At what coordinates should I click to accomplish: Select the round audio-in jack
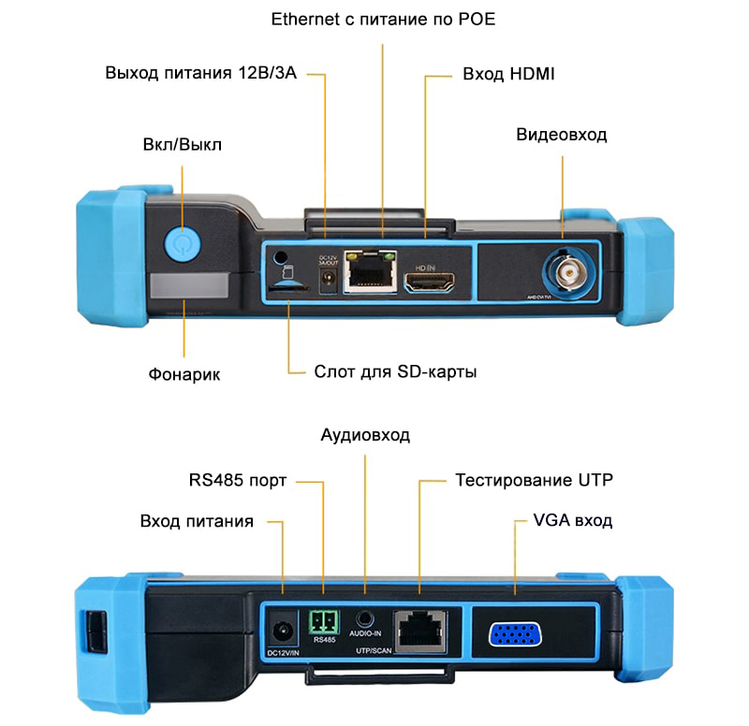365,618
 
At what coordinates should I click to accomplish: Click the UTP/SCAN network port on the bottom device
418,629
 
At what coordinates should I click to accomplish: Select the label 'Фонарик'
184,374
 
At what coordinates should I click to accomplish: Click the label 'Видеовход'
562,135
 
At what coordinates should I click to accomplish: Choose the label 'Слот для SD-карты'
396,372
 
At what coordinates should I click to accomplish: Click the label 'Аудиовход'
365,436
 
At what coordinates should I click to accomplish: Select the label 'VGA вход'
572,520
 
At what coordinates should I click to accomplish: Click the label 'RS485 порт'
238,482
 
